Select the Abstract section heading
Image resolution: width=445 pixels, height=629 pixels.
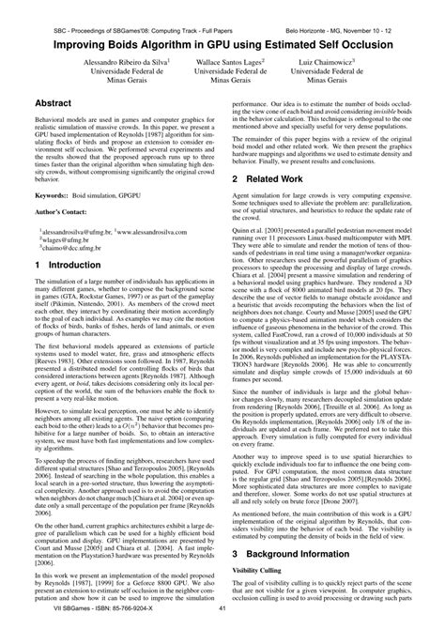(56, 102)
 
